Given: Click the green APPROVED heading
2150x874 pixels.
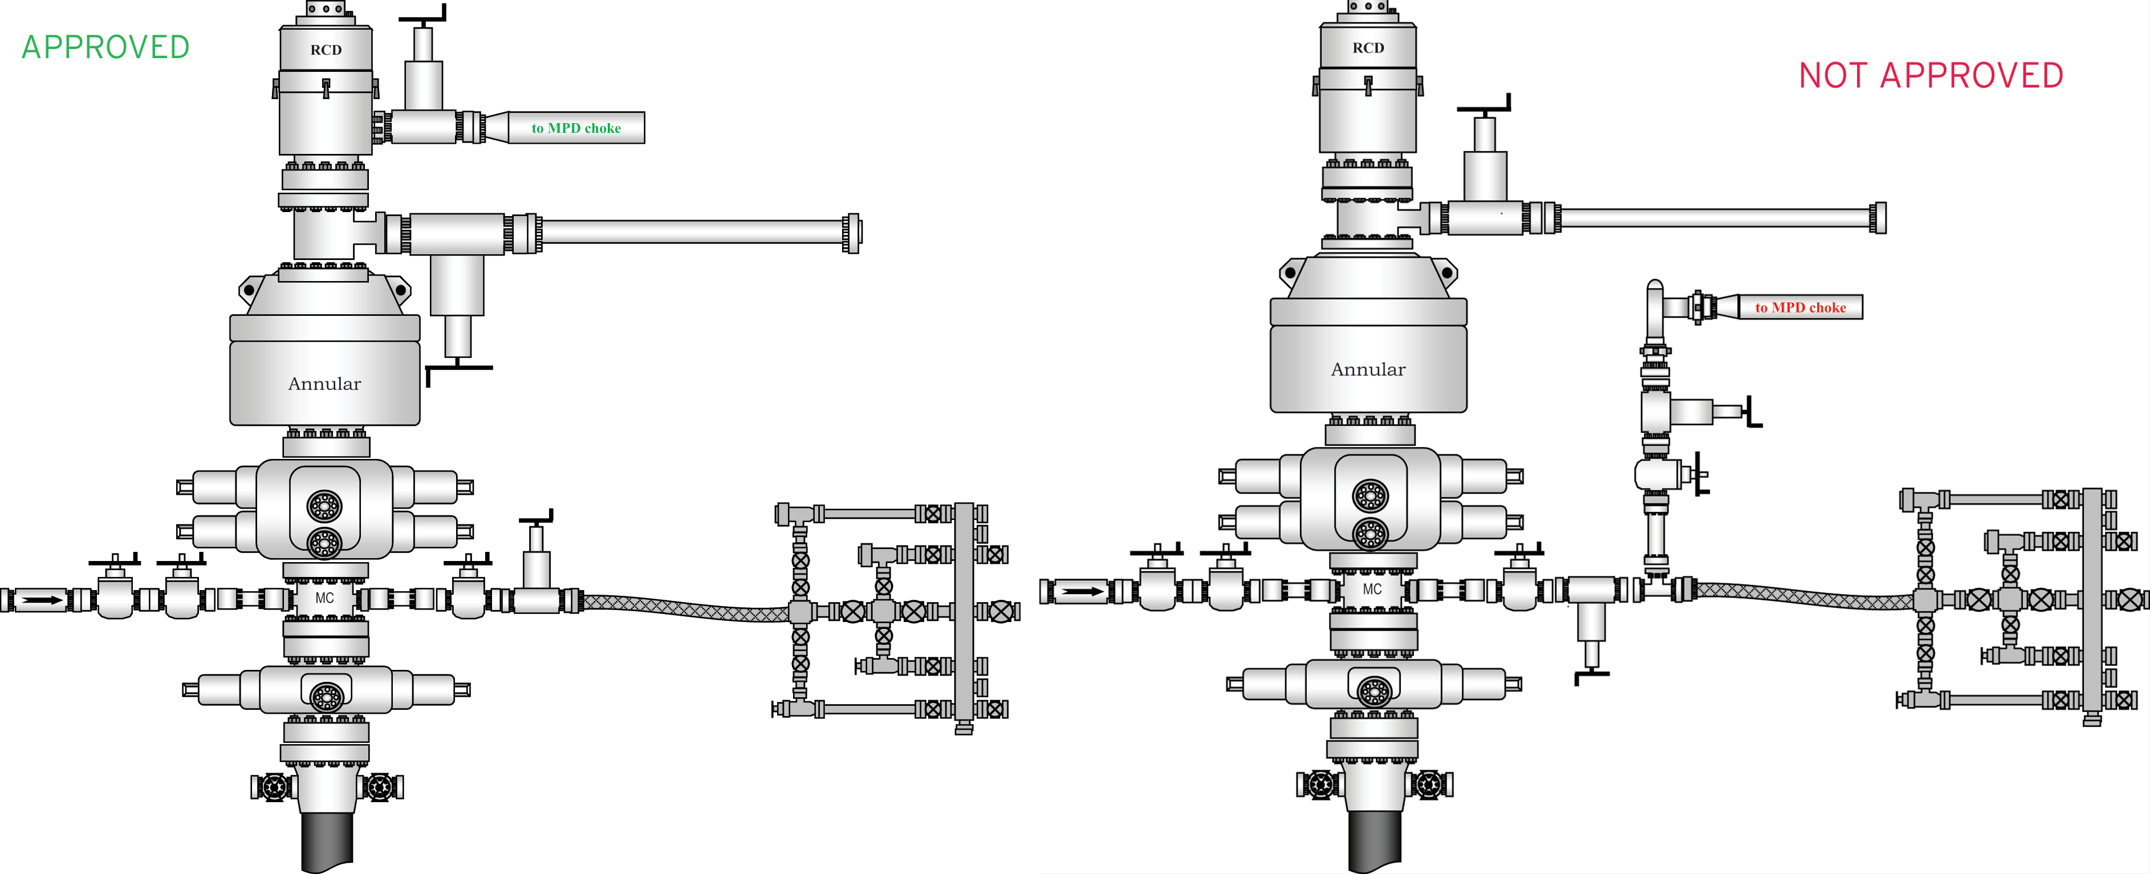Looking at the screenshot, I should tap(106, 47).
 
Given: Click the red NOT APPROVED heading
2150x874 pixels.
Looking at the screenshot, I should tap(1930, 76).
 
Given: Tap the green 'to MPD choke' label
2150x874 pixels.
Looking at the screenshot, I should tap(576, 128).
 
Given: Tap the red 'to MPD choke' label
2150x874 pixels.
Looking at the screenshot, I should tap(1801, 308).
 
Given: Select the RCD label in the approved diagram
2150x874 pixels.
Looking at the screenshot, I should tap(326, 50).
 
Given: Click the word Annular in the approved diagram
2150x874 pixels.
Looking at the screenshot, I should tap(324, 384).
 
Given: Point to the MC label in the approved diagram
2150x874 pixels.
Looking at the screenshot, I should tap(324, 597).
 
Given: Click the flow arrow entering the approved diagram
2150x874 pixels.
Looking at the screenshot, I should tap(42, 599).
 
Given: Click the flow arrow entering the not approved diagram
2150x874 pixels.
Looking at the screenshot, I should tap(1083, 591).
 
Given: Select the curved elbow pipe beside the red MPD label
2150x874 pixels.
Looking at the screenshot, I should tap(1656, 300).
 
